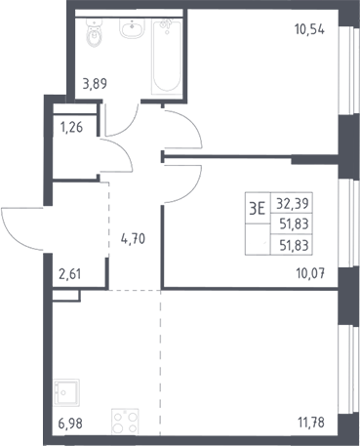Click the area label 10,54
click(x=309, y=30)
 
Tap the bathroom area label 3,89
click(x=95, y=84)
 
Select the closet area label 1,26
click(x=71, y=127)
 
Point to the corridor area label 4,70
click(x=133, y=239)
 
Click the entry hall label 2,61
click(x=69, y=274)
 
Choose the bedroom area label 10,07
click(x=310, y=273)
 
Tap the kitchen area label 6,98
click(x=70, y=424)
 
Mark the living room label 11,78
click(x=311, y=423)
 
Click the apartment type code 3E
click(x=258, y=208)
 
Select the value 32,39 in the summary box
click(x=293, y=204)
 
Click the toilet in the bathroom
click(x=95, y=32)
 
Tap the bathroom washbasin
click(x=132, y=27)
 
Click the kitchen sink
click(x=66, y=392)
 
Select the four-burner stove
click(x=125, y=422)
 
